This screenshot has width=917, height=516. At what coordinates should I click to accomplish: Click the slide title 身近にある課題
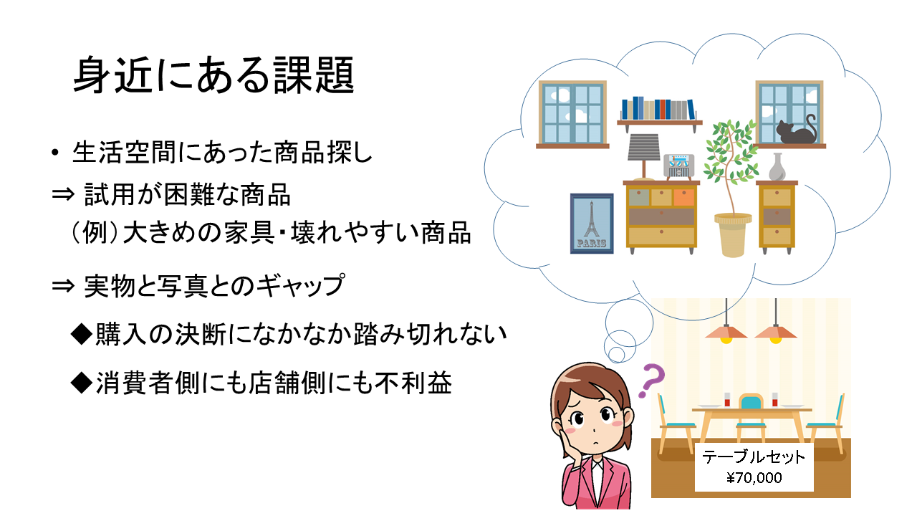point(213,75)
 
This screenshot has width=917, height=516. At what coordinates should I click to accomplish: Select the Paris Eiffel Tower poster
point(592,224)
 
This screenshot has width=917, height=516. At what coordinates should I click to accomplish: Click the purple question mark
point(653,381)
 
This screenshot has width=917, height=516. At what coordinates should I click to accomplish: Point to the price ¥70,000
point(754,477)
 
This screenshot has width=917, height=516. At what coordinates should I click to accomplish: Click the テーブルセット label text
point(754,457)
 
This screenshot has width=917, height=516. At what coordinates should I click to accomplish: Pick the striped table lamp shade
point(644,147)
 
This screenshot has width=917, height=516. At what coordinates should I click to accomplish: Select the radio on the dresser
point(678,166)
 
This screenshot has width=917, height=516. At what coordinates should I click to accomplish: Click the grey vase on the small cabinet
point(777,167)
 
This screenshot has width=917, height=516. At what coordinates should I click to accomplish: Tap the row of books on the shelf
point(658,108)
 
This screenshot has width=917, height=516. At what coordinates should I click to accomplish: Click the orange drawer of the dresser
point(683,197)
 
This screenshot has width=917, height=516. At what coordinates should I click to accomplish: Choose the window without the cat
point(572,114)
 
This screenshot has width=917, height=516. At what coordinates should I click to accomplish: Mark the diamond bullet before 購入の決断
point(81,334)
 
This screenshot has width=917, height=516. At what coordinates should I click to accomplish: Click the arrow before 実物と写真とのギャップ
point(63,286)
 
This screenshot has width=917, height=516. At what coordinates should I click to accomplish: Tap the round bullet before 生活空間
point(55,153)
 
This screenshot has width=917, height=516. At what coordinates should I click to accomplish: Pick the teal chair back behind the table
point(752,401)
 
